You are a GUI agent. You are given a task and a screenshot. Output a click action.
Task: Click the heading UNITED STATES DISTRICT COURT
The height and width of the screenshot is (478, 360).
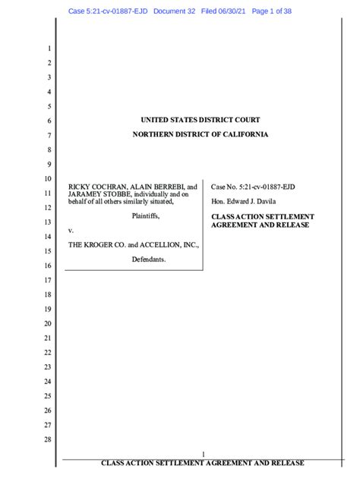tap(201, 120)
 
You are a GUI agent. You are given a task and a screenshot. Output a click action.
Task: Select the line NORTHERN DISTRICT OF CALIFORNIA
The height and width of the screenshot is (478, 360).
tap(201, 134)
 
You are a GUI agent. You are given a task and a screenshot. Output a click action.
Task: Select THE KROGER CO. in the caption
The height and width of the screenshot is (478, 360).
tap(96, 245)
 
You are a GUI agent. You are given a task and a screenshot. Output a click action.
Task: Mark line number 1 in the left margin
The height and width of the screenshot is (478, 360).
tap(49, 49)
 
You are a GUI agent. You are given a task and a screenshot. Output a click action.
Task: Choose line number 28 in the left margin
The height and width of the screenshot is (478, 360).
tap(47, 440)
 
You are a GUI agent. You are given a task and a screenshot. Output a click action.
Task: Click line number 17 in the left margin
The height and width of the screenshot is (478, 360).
tap(47, 280)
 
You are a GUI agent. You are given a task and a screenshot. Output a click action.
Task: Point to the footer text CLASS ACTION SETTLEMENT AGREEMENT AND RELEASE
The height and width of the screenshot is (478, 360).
tap(202, 463)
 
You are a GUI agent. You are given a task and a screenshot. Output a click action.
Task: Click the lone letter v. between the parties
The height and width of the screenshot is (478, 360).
tap(71, 230)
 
